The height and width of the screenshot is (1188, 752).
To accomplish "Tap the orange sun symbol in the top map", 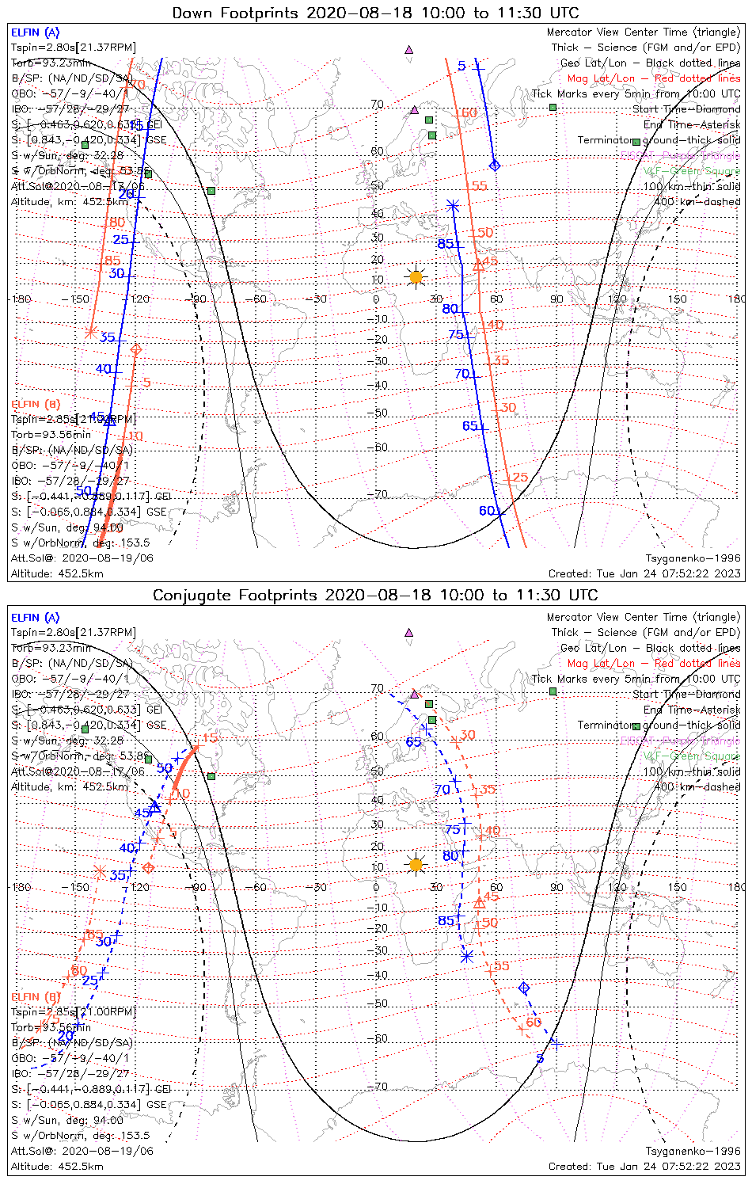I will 415,277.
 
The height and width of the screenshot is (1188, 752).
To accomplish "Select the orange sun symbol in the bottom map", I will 415,864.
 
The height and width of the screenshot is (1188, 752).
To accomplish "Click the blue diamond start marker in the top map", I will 496,166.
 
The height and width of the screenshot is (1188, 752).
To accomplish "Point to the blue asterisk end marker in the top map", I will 453,206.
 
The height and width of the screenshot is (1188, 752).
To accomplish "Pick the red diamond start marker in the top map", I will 135,349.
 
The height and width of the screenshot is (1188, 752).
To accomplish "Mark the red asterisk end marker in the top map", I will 90,333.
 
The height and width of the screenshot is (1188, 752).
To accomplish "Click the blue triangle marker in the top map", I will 110,421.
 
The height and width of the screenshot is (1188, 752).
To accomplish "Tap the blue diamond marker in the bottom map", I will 523,988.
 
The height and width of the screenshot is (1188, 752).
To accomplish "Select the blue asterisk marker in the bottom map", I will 466,956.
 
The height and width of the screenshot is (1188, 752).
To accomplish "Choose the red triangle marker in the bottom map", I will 479,902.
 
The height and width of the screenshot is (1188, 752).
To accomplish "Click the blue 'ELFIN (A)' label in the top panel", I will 36,32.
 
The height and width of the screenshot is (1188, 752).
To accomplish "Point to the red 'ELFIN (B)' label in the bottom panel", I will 36,996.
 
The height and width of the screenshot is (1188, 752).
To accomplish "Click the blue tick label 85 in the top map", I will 446,244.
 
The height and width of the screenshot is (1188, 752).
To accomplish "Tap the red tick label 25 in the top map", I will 520,477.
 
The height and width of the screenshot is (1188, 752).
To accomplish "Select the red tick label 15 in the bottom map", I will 209,738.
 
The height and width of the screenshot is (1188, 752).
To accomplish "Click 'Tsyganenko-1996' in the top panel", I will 693,558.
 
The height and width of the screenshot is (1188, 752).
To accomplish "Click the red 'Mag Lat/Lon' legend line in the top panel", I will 653,78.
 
